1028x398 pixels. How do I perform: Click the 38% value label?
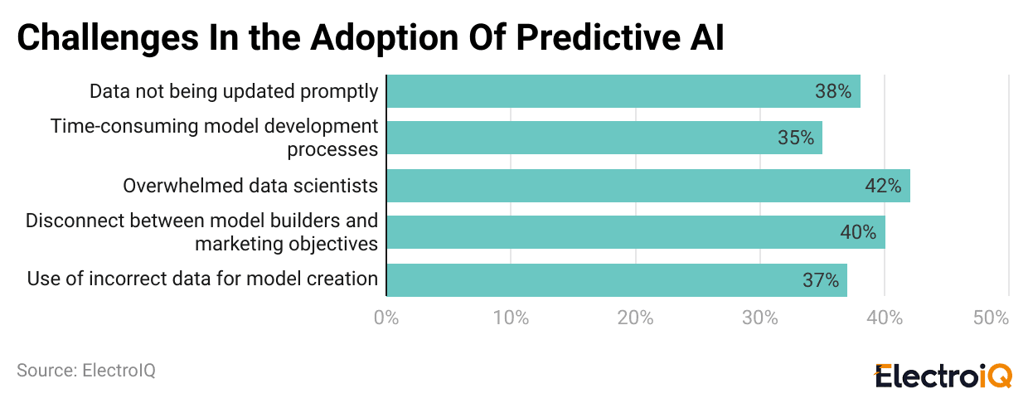coord(833,91)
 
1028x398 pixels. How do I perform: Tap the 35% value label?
coord(796,138)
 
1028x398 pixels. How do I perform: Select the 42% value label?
coord(883,186)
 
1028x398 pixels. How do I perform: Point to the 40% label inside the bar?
coord(858,232)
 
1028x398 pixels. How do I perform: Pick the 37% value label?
coord(821,280)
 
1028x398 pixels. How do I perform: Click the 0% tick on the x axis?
coord(386,318)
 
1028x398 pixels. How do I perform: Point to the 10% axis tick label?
coord(511,318)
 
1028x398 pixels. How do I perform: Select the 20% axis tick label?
coord(635,318)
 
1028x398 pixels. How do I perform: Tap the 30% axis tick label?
coord(759,318)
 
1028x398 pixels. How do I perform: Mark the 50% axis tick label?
coord(991,318)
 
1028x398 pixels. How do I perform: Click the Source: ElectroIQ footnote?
coord(86,370)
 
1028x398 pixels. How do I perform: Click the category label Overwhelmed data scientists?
coord(250,186)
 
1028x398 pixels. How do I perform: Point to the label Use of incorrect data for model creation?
coord(202,279)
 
